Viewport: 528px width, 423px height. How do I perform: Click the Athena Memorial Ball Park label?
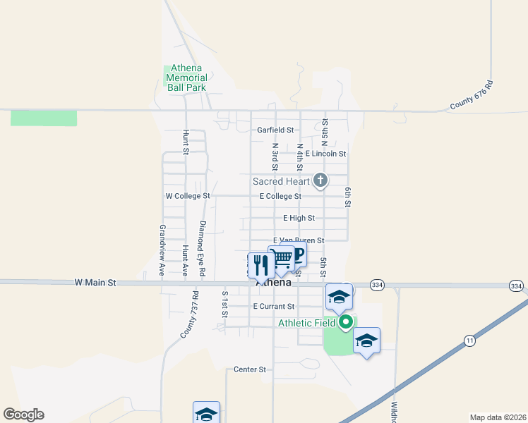tap(186, 78)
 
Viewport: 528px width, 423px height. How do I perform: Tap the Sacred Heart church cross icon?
tap(320, 181)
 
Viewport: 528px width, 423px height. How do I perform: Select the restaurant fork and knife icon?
tap(261, 265)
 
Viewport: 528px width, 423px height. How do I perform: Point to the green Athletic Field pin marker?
tap(346, 323)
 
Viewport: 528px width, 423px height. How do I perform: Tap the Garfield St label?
tap(275, 130)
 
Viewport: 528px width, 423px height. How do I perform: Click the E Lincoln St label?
tap(326, 153)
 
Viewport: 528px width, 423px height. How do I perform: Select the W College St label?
tap(188, 195)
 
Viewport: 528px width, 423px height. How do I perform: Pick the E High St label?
tap(299, 219)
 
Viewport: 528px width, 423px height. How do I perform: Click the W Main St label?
tap(95, 282)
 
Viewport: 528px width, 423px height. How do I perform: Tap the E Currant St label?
tap(273, 307)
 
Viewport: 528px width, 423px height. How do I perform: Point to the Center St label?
tap(250, 369)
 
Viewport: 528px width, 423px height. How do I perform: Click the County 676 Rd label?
tap(471, 96)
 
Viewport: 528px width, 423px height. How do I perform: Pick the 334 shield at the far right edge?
tap(516, 286)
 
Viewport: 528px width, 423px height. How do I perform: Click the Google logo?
tap(23, 415)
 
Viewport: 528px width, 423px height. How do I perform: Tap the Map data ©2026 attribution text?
tap(498, 417)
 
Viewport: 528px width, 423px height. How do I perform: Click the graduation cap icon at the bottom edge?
tap(206, 413)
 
